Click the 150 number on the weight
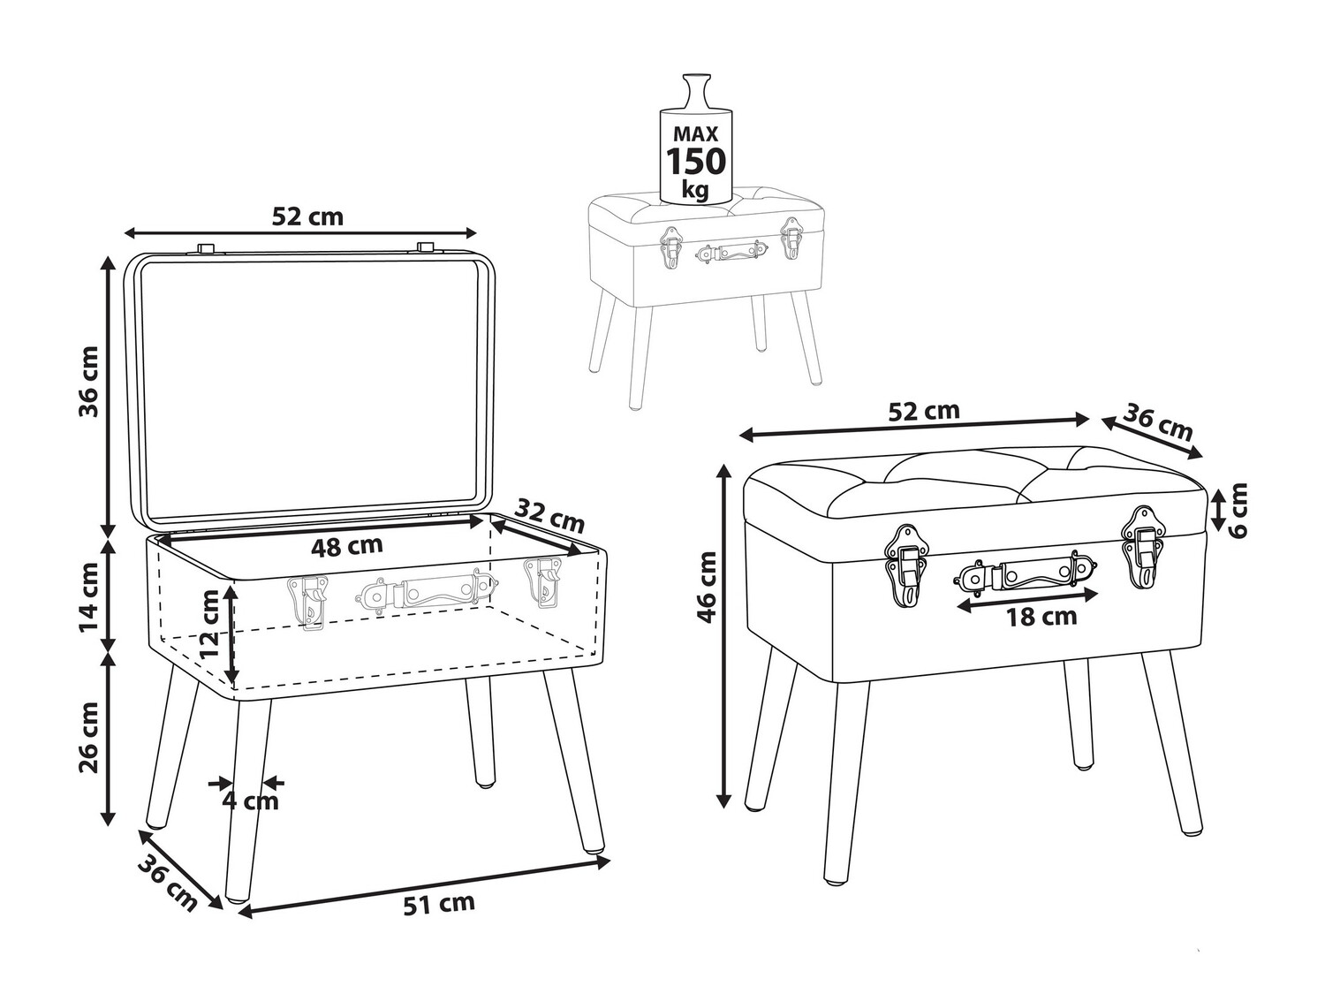695,161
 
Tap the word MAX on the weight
696,133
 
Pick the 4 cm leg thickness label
250,801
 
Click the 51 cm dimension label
439,904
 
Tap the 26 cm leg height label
89,737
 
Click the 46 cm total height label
707,587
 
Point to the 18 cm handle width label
1041,617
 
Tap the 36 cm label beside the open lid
89,382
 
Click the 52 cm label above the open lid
307,216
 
